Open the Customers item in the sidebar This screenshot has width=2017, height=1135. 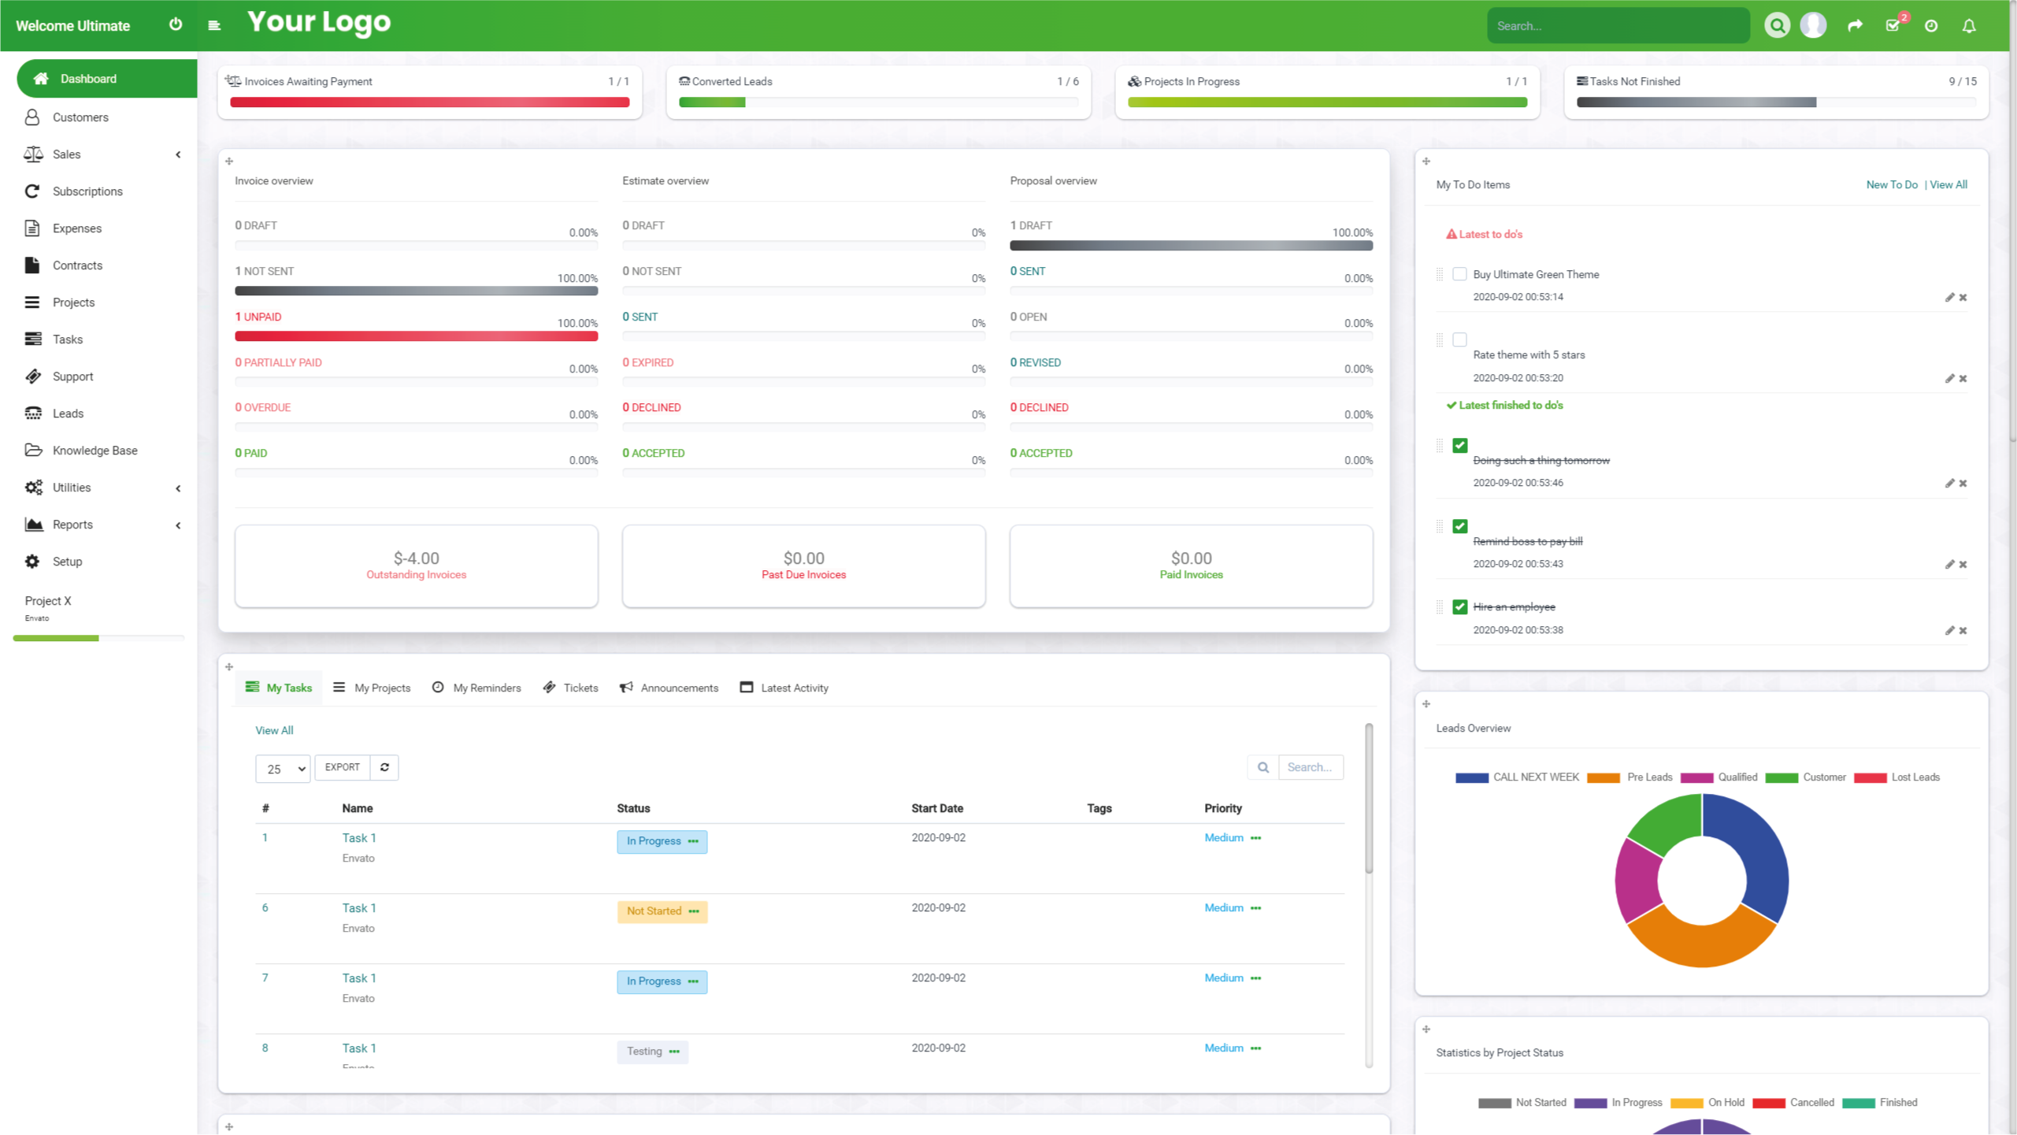[80, 117]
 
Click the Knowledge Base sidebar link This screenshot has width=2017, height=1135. [95, 451]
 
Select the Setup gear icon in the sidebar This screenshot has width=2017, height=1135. [32, 562]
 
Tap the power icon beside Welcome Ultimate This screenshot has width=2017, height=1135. [176, 24]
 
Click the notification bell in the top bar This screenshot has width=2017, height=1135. [1968, 26]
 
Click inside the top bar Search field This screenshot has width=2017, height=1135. [1618, 26]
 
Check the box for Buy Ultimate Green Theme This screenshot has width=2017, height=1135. [1459, 274]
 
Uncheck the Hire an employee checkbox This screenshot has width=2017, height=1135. [1459, 606]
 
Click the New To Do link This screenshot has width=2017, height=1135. [1891, 185]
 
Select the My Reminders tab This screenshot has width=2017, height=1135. [477, 688]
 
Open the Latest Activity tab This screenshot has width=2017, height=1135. [784, 688]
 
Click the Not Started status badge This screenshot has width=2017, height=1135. [662, 911]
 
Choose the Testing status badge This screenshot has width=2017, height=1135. [652, 1052]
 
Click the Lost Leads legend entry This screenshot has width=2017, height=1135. [1896, 777]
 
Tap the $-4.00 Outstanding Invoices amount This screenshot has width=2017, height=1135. [416, 558]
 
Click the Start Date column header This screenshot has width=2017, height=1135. [937, 808]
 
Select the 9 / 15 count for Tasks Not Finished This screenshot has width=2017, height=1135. [1962, 82]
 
